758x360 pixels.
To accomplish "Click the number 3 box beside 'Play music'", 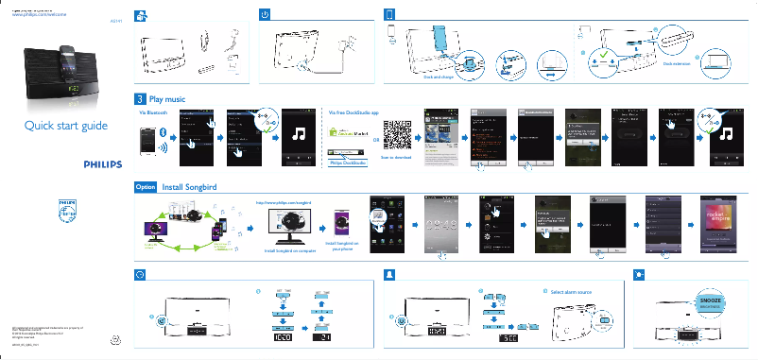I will click(x=140, y=98).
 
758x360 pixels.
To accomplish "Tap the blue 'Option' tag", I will click(x=146, y=187).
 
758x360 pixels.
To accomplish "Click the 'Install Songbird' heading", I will click(x=189, y=187).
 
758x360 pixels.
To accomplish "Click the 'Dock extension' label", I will click(x=677, y=64).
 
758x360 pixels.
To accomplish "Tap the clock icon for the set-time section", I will click(x=140, y=273).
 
